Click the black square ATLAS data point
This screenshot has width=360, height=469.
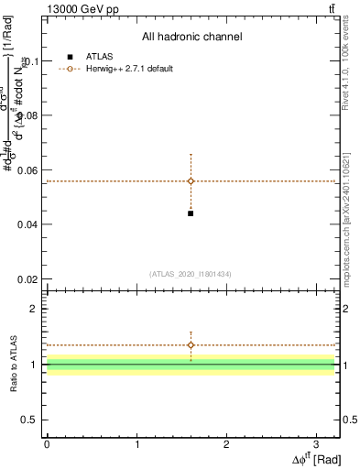coord(191,213)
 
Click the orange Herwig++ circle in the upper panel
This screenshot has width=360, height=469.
coord(191,181)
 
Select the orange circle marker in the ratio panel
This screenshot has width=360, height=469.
coord(191,345)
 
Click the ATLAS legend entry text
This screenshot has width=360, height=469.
coord(99,57)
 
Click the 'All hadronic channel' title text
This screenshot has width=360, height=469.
coord(191,38)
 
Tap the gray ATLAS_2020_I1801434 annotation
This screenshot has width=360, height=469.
coord(191,274)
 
